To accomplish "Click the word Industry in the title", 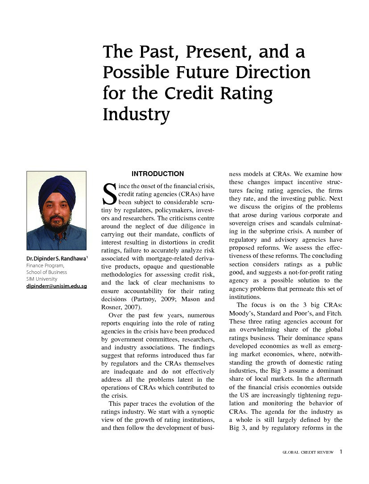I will tap(136, 114).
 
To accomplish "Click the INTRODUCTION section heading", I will tap(158, 174).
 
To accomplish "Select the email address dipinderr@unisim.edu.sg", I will tap(56, 286).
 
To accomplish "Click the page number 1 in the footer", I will tap(340, 452).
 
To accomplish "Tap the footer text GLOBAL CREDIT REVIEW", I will tap(308, 452).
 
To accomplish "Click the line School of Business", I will tap(46, 272).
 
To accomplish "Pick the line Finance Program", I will tap(46, 265).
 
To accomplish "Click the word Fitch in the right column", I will tap(333, 313).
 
